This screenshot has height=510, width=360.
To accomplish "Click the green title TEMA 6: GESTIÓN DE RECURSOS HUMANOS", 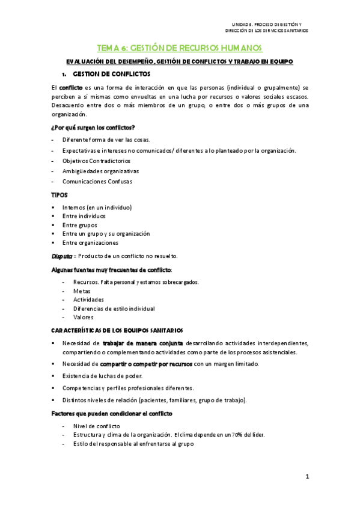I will click(x=180, y=48).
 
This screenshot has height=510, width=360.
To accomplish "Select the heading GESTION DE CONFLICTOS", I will click(x=111, y=74).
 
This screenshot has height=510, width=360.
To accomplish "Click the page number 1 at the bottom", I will click(x=307, y=477).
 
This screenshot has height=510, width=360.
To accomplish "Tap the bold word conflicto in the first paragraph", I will click(x=72, y=88).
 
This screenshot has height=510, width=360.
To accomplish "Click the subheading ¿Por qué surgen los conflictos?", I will click(x=93, y=127).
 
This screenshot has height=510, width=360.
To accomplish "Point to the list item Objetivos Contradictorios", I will click(x=96, y=161).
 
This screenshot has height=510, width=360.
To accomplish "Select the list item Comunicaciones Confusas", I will click(x=97, y=181).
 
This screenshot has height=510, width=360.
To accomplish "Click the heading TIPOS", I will click(x=60, y=195).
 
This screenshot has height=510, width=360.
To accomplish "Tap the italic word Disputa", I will click(x=63, y=256).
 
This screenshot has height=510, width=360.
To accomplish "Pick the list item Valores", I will click(x=84, y=317).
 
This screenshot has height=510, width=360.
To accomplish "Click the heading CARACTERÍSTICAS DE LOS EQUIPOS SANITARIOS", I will click(x=121, y=330).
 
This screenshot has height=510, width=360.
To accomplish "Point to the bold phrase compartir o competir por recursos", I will click(x=146, y=364).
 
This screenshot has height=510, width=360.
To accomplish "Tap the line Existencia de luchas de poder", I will click(x=103, y=376).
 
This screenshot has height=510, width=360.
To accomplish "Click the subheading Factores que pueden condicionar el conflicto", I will click(x=112, y=414).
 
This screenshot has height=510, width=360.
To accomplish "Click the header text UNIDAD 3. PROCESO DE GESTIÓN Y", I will click(x=272, y=22).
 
